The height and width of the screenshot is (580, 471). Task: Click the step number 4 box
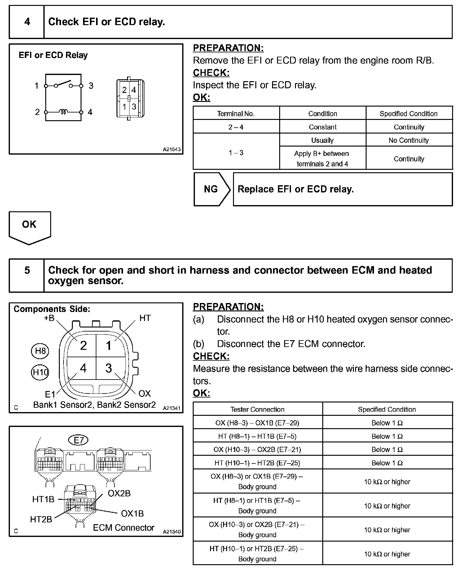(27, 22)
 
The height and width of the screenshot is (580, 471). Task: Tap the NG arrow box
(211, 189)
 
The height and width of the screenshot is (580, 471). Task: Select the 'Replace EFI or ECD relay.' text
(295, 189)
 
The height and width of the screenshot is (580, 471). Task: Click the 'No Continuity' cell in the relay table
(409, 140)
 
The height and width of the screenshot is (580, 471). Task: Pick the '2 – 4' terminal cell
(236, 127)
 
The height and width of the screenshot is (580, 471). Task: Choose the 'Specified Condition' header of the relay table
(409, 114)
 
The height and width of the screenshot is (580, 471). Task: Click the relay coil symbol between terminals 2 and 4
(63, 112)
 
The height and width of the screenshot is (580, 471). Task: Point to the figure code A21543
(172, 149)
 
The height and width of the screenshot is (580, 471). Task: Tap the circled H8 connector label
(40, 351)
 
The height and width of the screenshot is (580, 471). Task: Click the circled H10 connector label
(40, 372)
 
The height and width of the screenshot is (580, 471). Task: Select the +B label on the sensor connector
(49, 318)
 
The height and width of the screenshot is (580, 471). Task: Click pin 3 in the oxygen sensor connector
(108, 368)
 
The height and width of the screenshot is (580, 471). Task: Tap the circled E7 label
(78, 440)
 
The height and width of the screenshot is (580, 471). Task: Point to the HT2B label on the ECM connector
(41, 520)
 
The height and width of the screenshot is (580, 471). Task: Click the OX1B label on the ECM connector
(132, 514)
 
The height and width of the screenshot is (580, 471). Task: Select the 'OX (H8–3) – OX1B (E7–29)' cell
(257, 423)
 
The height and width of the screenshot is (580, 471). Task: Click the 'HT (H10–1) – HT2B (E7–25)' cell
(257, 463)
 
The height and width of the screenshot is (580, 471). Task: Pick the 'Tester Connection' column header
(257, 409)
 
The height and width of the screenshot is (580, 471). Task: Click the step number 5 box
(27, 270)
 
